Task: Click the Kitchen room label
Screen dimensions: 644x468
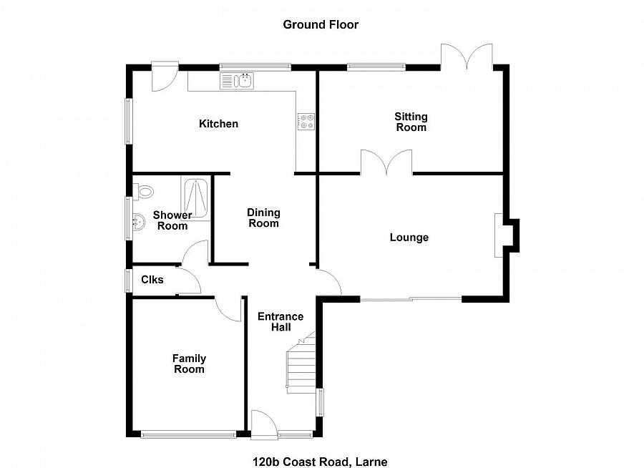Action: click(218, 124)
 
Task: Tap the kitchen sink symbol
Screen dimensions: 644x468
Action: click(237, 81)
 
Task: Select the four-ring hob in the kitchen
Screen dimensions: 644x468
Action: click(306, 122)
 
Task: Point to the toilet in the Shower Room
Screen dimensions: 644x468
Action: click(144, 192)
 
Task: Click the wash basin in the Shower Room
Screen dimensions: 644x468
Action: click(138, 223)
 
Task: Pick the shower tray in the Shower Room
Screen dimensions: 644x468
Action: click(195, 198)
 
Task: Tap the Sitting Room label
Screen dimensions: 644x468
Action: click(411, 122)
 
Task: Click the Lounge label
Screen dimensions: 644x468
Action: click(409, 237)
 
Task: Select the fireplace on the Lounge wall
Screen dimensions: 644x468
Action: click(507, 235)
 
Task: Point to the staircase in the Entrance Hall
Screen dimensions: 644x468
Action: click(301, 363)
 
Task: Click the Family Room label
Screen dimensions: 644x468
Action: click(189, 364)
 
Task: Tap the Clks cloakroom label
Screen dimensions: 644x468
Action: click(152, 280)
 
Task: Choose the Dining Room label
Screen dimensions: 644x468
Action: click(263, 218)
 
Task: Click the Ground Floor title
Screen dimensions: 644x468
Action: click(321, 24)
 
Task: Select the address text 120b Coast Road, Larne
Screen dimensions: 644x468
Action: click(320, 462)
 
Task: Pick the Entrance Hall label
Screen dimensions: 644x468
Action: click(280, 322)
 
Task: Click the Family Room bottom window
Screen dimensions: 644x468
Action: click(188, 434)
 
